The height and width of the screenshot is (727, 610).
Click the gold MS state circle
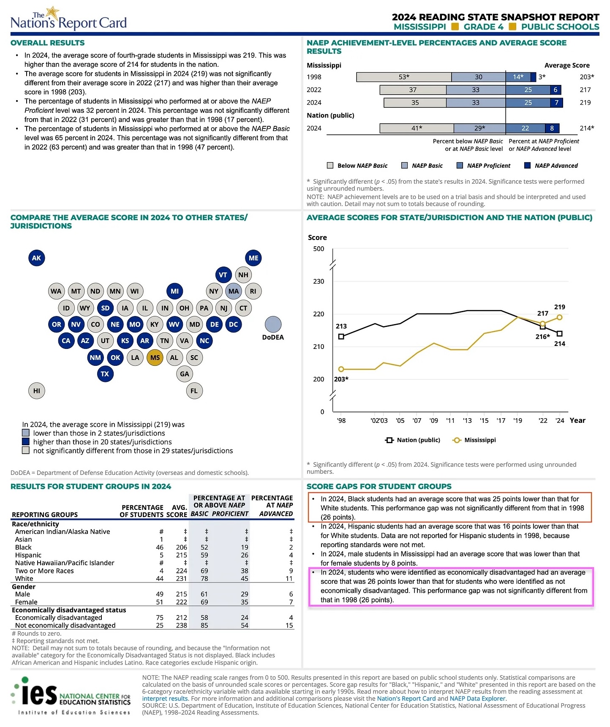[x=155, y=357]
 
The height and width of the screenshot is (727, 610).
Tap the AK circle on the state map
[x=37, y=258]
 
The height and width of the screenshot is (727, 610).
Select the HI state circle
[x=37, y=391]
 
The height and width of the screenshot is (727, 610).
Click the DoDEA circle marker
[x=273, y=324]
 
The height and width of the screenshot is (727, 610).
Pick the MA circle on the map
[x=234, y=291]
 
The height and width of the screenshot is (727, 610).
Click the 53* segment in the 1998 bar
[x=404, y=77]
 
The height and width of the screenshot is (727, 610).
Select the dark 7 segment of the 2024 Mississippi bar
[x=556, y=103]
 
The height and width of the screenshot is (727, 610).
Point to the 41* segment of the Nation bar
[x=417, y=128]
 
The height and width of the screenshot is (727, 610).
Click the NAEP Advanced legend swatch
[x=527, y=166]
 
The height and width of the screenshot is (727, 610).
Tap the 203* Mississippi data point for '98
[x=341, y=369]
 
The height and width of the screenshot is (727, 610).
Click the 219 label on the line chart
[x=560, y=307]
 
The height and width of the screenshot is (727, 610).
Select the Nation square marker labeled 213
[x=341, y=337]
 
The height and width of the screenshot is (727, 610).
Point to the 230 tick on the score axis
[x=319, y=281]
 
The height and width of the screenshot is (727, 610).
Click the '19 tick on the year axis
[x=517, y=421]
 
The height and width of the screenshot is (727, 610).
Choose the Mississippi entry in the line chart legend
[x=474, y=440]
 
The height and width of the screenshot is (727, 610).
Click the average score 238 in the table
[x=182, y=626]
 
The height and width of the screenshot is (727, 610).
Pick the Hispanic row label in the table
[x=28, y=555]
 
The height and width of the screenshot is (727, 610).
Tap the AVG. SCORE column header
[x=180, y=511]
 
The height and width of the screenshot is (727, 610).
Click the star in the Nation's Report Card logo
[x=53, y=12]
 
